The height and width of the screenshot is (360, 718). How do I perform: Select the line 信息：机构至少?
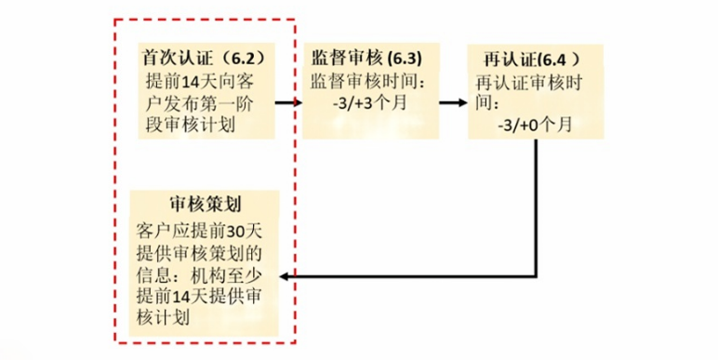pos(196,274)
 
